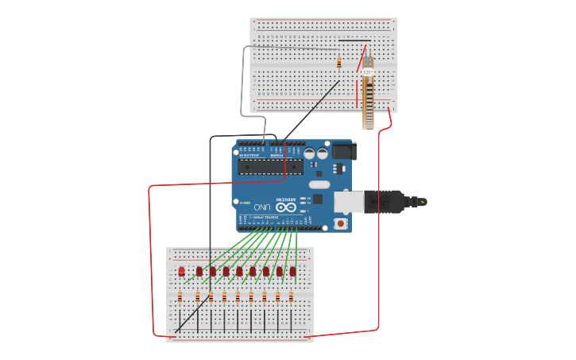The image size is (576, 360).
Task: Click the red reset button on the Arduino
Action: [x=341, y=223]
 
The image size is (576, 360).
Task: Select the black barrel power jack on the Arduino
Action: [x=343, y=150]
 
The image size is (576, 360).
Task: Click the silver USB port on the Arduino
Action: [x=349, y=202]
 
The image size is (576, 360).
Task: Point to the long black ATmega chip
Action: [x=270, y=166]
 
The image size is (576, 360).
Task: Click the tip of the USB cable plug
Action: [x=421, y=202]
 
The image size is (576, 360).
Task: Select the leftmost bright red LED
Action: [x=181, y=271]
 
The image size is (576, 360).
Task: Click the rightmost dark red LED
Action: [x=292, y=271]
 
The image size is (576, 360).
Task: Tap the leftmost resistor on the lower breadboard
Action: [x=180, y=297]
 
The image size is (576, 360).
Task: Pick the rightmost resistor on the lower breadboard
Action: [x=291, y=297]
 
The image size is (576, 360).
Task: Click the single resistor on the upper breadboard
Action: [x=339, y=63]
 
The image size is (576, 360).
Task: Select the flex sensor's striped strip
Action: [x=368, y=103]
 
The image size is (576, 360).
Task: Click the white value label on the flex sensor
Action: [x=368, y=72]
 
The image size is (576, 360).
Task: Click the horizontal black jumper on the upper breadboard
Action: [x=354, y=41]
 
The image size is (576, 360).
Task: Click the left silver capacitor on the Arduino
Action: [x=309, y=153]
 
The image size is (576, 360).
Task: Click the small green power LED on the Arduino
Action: [x=245, y=203]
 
